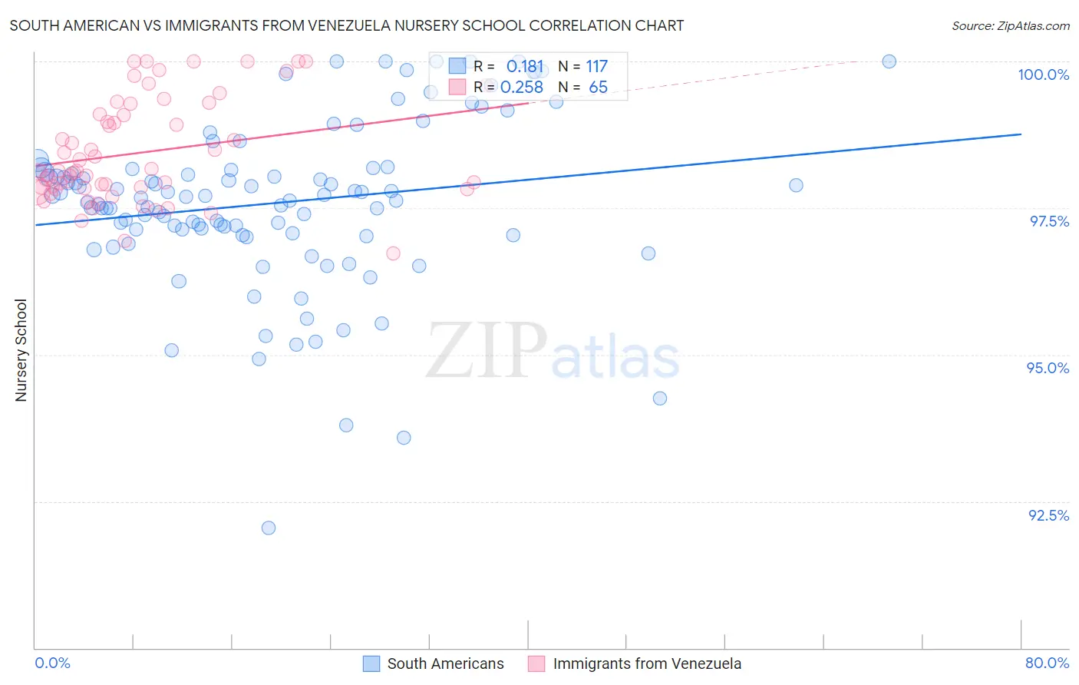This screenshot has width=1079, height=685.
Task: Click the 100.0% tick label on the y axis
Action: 1043,74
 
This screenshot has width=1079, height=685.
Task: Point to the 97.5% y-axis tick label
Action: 1048,221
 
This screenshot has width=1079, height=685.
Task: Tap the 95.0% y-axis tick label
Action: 1048,368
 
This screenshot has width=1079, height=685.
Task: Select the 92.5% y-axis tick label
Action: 1048,515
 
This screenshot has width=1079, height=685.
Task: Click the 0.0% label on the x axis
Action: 52,663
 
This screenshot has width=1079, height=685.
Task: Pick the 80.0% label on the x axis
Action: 1047,663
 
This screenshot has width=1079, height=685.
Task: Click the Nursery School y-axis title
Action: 21,349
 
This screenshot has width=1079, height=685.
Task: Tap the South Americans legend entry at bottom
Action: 434,663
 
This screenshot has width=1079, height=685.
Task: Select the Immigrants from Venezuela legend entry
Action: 635,663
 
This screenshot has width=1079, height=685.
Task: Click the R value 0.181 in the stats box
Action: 525,67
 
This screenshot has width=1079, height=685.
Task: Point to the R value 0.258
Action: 522,88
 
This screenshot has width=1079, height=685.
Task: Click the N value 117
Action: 596,67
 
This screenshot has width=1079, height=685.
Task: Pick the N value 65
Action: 598,88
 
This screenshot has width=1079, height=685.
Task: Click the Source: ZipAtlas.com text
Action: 1010,25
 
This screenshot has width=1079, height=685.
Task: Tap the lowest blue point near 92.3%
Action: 269,528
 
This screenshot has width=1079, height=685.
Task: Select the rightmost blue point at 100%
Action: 889,61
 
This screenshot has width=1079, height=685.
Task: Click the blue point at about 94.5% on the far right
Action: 660,398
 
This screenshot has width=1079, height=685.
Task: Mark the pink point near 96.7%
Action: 393,253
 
